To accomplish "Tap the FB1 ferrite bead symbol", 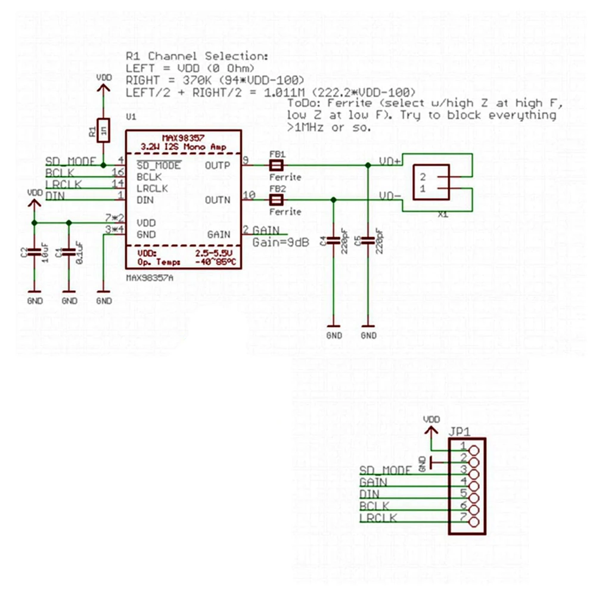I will [x=277, y=164].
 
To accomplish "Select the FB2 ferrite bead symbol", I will [x=277, y=200].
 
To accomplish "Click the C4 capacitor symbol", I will [x=334, y=242].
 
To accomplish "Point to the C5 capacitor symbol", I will [x=369, y=242].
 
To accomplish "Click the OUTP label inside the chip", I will [x=218, y=165].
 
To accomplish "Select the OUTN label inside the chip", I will [x=218, y=200].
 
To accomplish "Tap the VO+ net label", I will [x=390, y=161].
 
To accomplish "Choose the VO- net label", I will [x=390, y=195].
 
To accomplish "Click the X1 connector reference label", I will [x=443, y=214].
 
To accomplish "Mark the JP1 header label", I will [x=460, y=432].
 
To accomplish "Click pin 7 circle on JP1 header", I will [x=474, y=522].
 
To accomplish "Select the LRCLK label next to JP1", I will [x=378, y=517].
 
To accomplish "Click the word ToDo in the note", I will [x=300, y=103].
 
